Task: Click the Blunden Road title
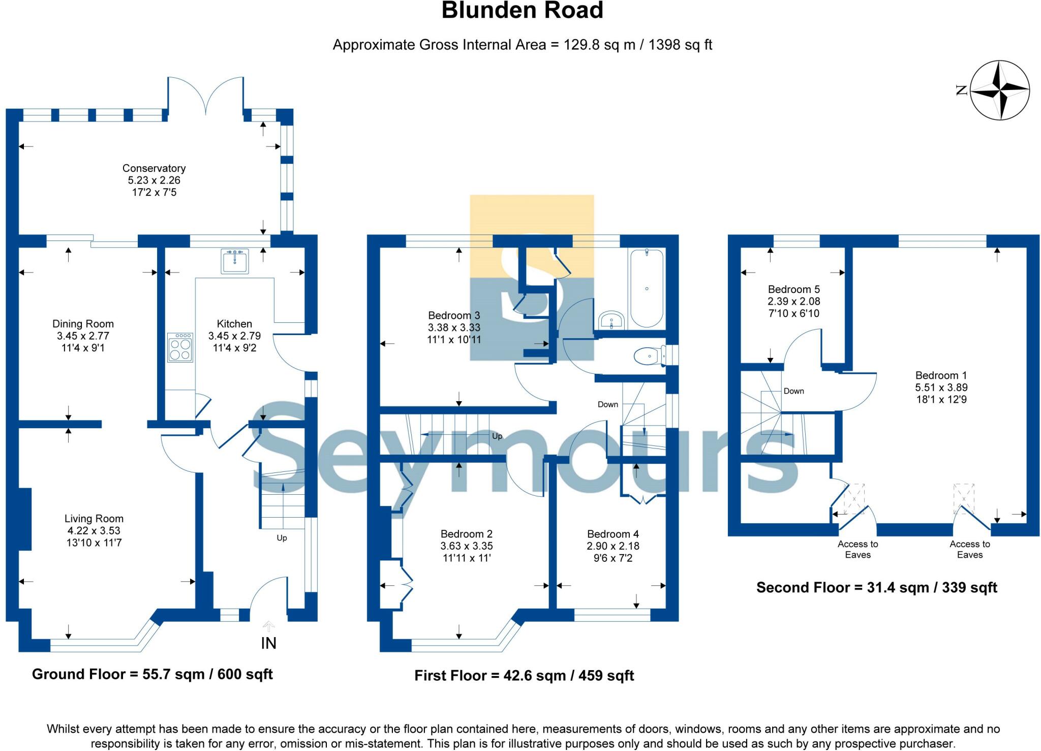(522, 11)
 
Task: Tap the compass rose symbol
(999, 91)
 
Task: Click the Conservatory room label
(154, 168)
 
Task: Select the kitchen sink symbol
(235, 261)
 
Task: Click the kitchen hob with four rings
(180, 347)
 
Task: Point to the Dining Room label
(83, 324)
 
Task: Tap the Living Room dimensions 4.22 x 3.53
(94, 531)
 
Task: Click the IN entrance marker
(268, 643)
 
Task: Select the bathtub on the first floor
(647, 288)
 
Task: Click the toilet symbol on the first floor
(650, 355)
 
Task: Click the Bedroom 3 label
(453, 315)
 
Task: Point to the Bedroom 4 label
(613, 534)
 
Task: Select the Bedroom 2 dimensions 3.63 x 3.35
(467, 546)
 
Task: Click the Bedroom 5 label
(793, 289)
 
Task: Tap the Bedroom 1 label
(941, 375)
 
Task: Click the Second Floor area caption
(876, 588)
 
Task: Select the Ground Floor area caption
(152, 674)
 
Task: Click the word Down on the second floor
(793, 391)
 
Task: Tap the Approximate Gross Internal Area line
(522, 45)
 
